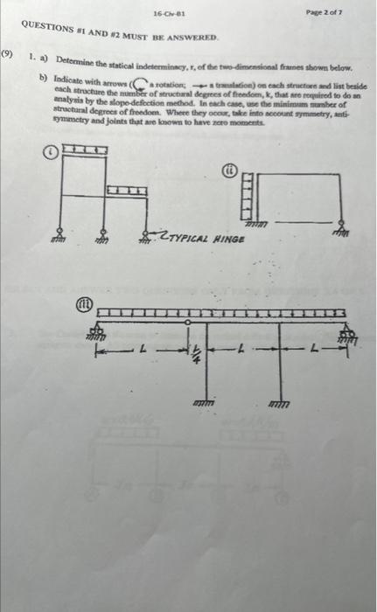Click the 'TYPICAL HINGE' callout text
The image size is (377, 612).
coord(205,237)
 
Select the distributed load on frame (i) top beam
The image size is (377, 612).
coord(87,153)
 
